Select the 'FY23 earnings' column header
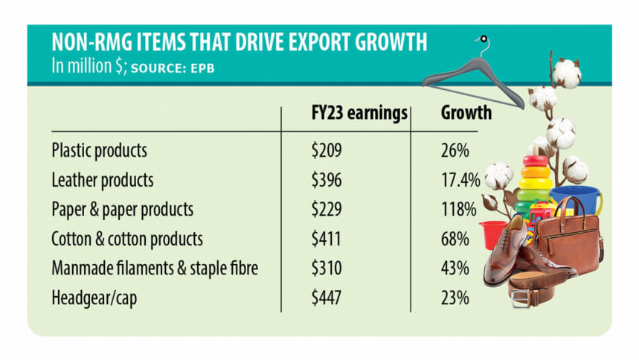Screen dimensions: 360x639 click(359, 114)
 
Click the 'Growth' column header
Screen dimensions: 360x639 click(466, 114)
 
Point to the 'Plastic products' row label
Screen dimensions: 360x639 click(99, 150)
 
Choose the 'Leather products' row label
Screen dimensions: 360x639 click(102, 180)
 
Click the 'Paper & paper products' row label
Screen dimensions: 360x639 click(122, 210)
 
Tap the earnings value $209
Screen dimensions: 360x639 click(326, 150)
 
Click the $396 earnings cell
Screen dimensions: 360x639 click(326, 180)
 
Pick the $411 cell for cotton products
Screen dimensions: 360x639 click(326, 240)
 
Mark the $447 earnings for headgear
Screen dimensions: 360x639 click(326, 298)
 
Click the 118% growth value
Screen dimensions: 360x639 click(457, 210)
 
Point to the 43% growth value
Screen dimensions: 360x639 click(455, 269)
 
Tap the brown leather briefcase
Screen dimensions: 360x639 click(570, 238)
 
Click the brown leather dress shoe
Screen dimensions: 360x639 click(513, 253)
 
